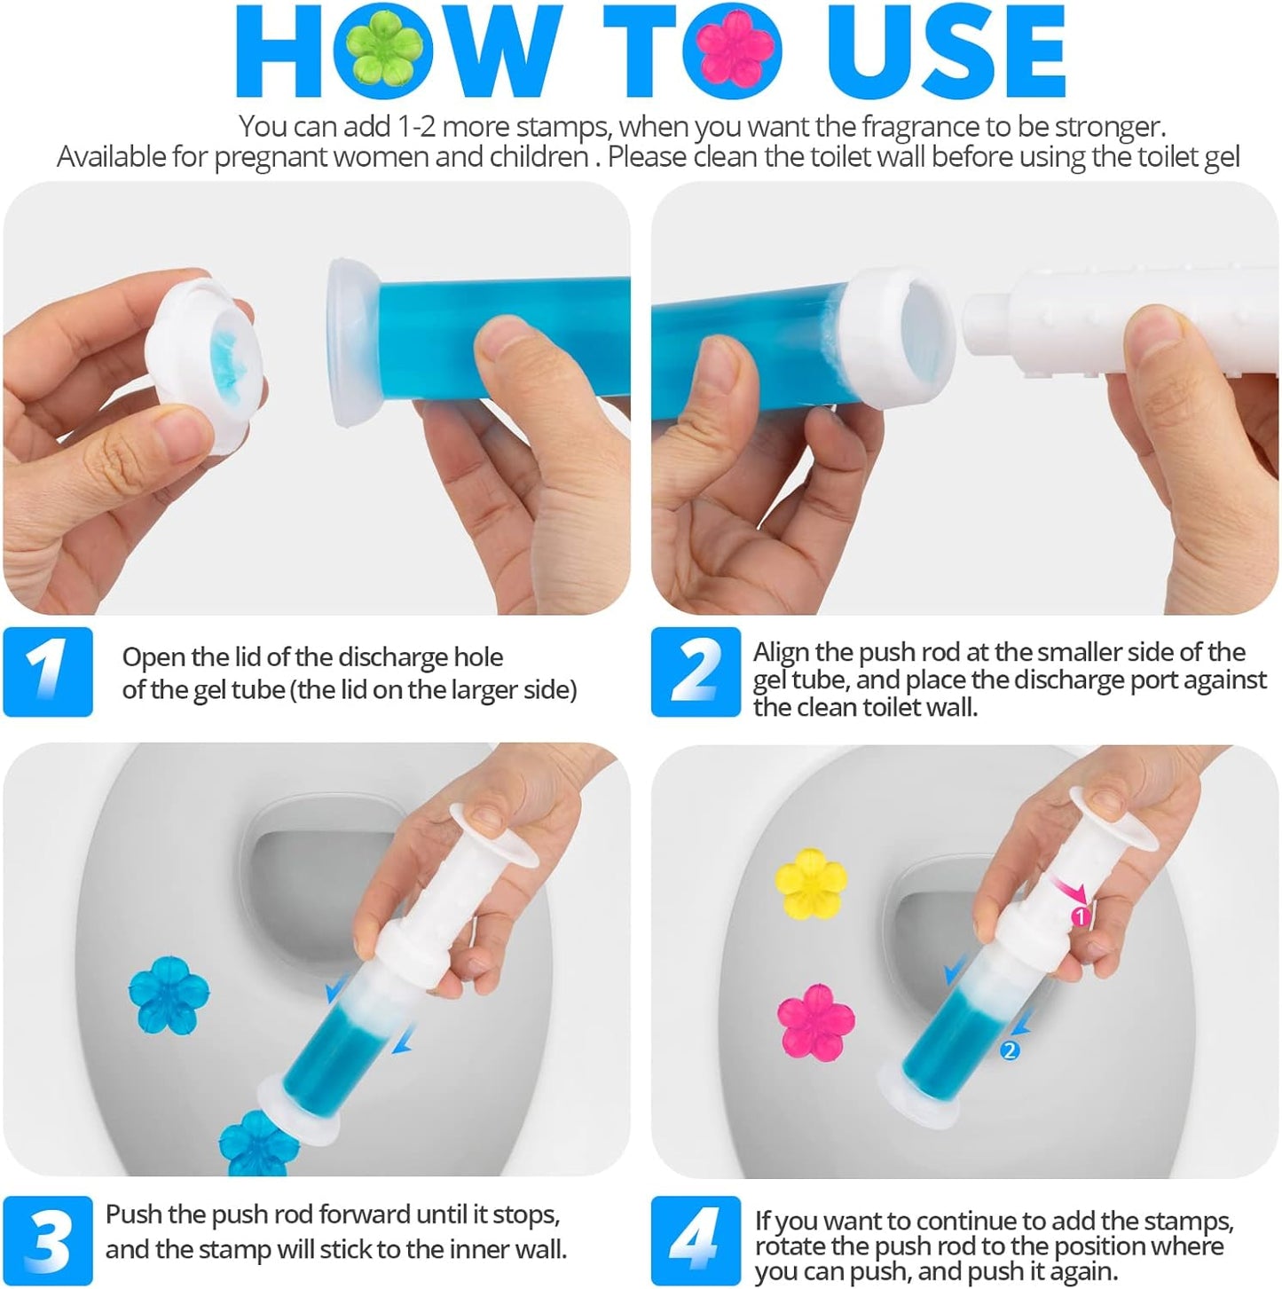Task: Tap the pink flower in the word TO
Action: tap(738, 51)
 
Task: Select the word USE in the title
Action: tap(945, 51)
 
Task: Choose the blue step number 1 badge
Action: tap(48, 672)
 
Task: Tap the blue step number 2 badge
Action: tap(695, 672)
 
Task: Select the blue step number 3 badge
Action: tap(48, 1240)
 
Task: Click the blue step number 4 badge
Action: tap(695, 1240)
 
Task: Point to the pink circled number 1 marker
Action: tap(1080, 916)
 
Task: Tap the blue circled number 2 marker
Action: tap(1009, 1051)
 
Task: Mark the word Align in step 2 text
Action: tap(781, 652)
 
